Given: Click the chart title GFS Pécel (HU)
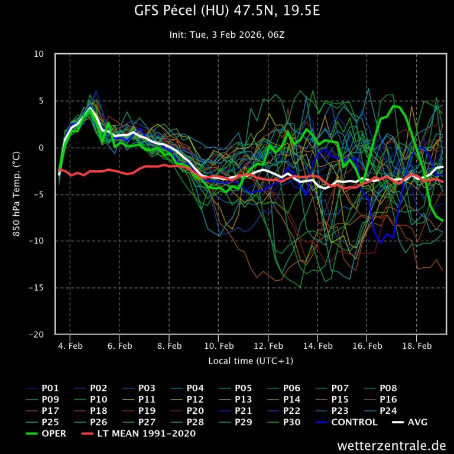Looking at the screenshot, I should (226, 11).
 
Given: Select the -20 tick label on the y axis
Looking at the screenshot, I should (37, 335).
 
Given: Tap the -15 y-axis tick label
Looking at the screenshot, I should (37, 288).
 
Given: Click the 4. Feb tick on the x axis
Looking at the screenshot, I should (70, 346).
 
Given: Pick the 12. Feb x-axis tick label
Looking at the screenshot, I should (268, 346).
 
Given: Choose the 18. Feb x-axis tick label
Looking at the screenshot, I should (416, 346).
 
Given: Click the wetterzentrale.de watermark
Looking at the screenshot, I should (392, 445).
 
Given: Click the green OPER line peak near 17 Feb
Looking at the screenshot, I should (395, 106).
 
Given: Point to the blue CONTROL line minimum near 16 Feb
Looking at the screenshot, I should (381, 242).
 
